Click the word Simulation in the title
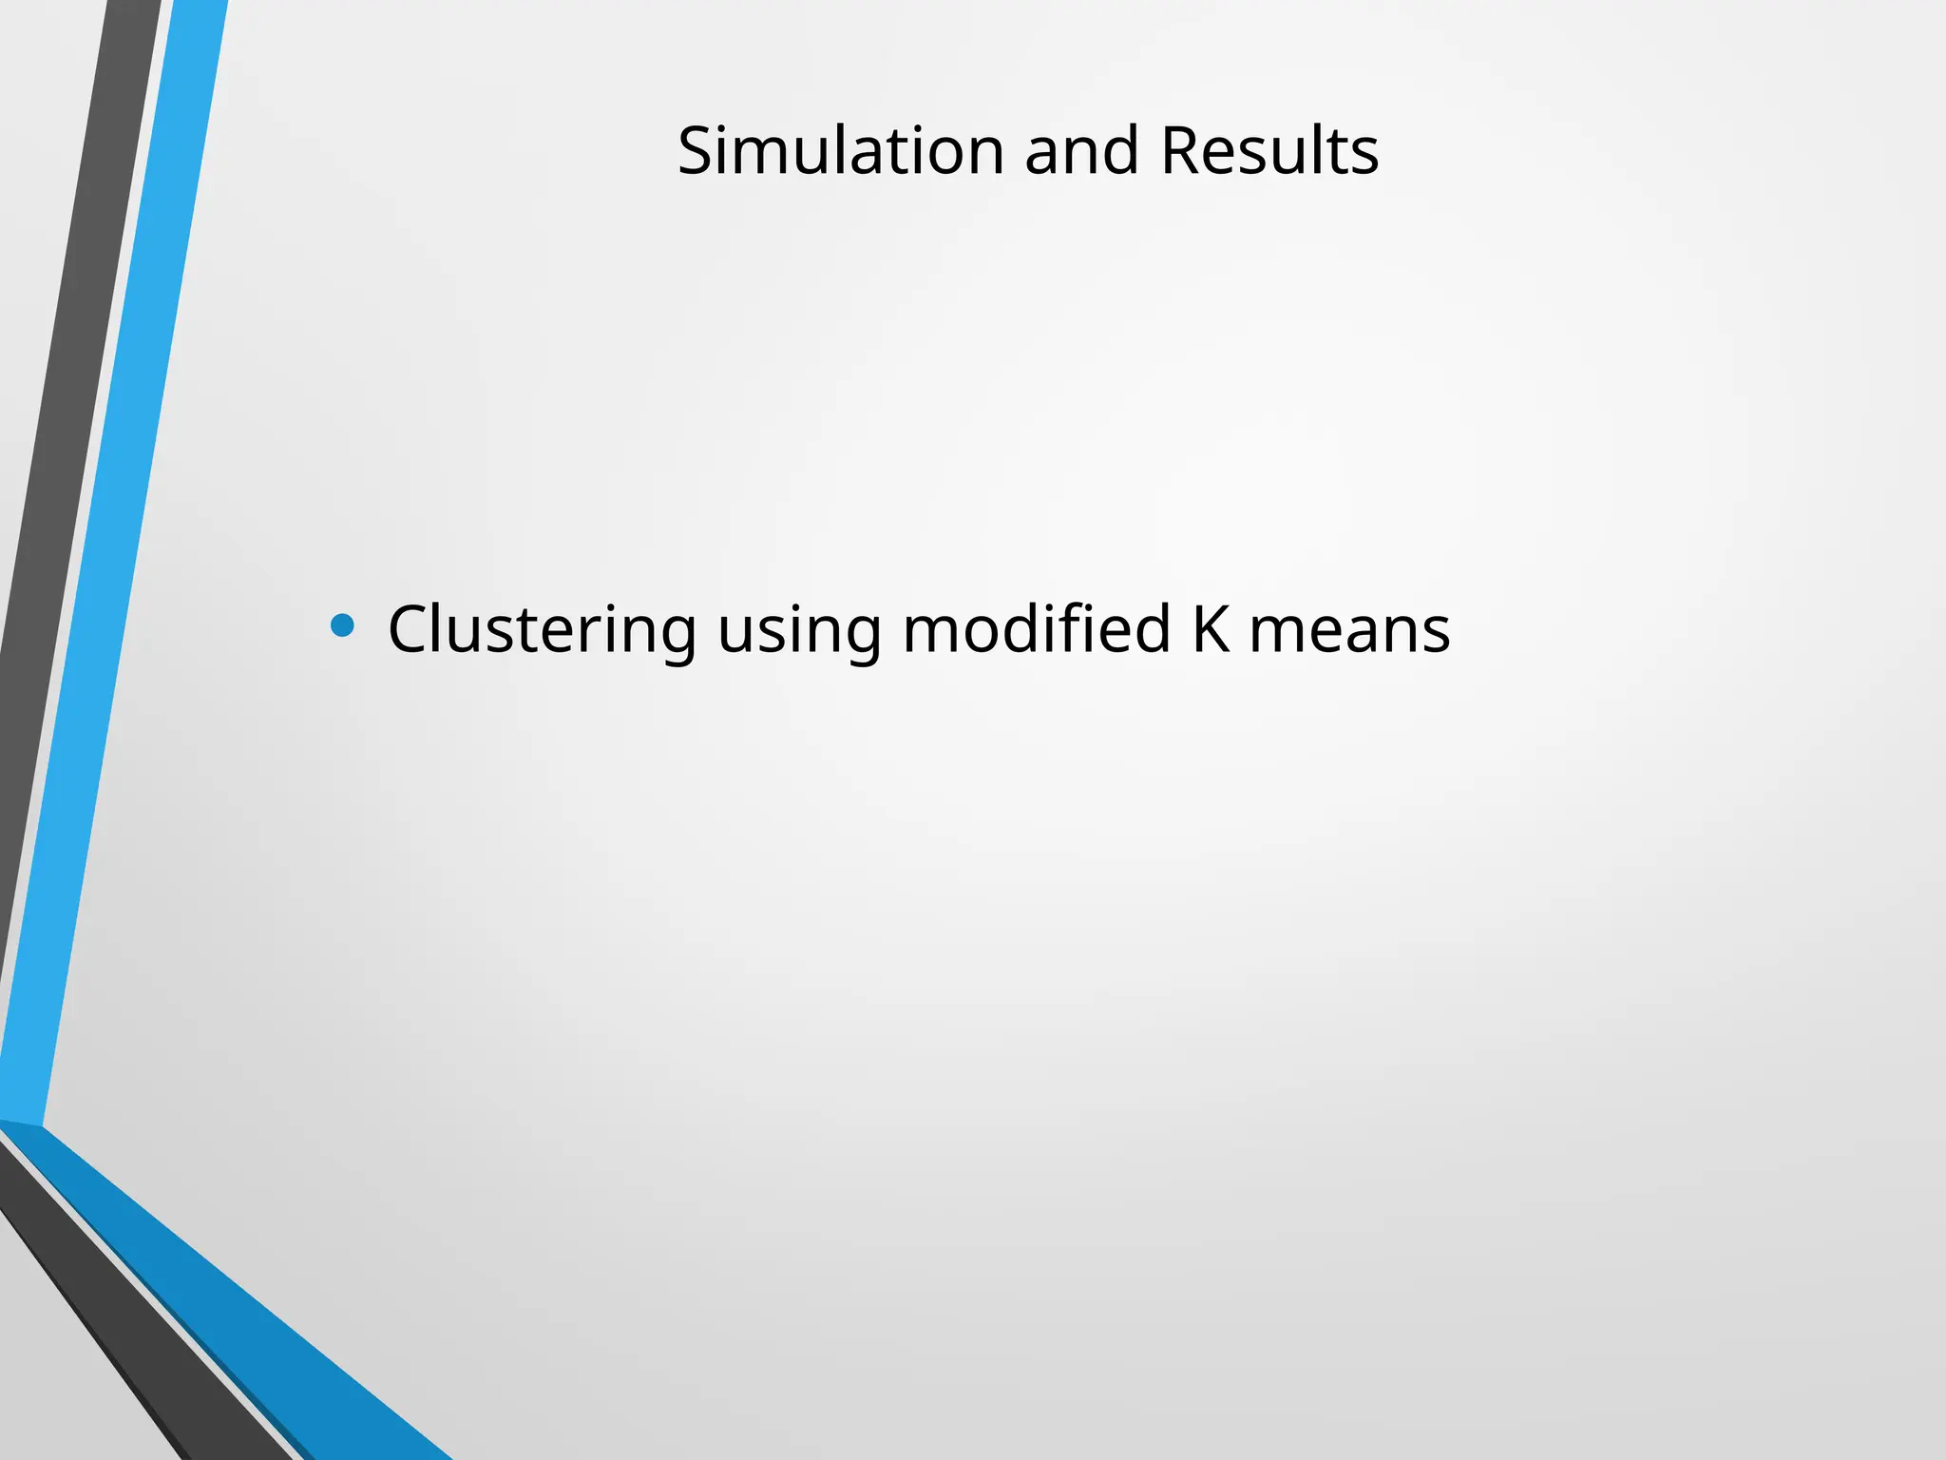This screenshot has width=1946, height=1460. pos(840,151)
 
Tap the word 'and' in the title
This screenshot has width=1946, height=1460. pos(1081,151)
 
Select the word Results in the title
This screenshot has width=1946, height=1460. pos(1269,151)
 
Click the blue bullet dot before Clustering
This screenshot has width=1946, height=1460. pos(342,625)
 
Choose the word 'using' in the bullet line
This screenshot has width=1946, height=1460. pos(799,631)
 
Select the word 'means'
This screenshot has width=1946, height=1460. pos(1349,631)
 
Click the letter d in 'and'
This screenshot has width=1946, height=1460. pos(1122,151)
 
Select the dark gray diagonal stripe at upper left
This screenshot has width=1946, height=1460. pos(76,380)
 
